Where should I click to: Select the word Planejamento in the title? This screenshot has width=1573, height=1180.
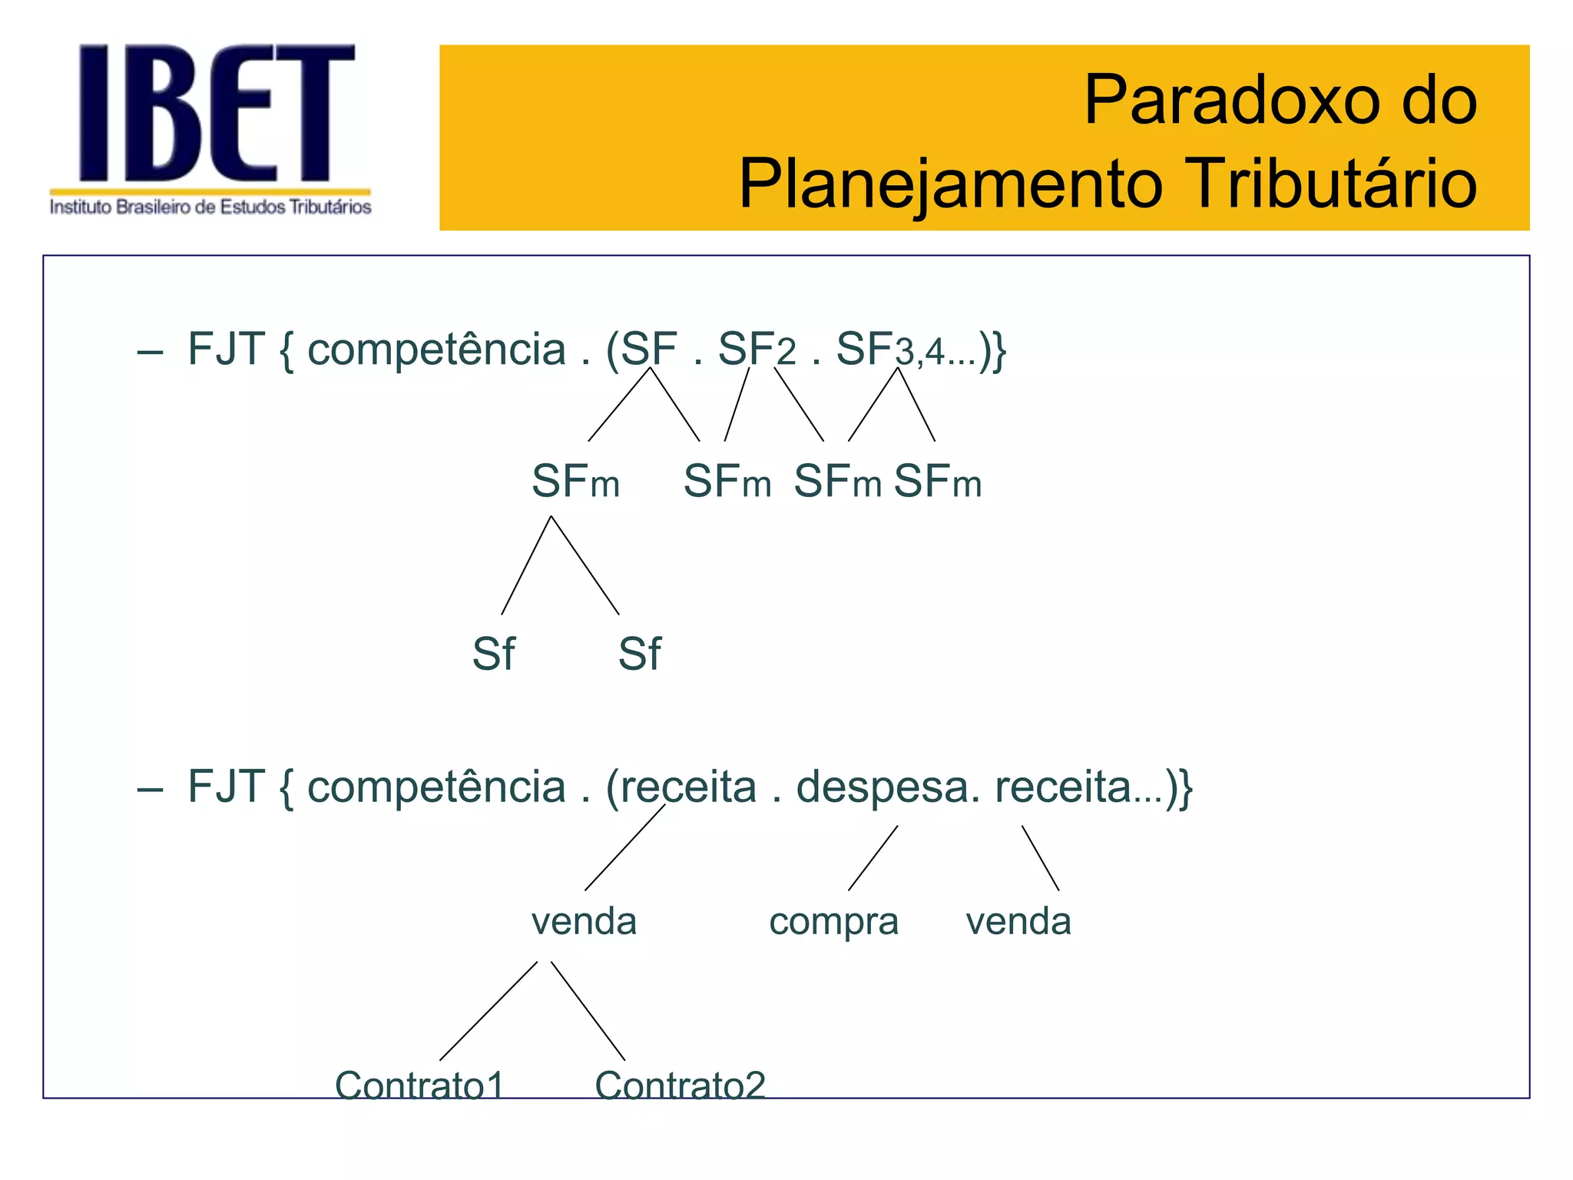pos(951,185)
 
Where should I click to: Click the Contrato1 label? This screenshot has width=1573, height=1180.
pos(419,1085)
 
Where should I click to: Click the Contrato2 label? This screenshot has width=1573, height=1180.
pos(680,1085)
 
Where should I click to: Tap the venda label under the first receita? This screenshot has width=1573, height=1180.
pos(584,921)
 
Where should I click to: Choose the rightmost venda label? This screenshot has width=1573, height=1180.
pos(1018,921)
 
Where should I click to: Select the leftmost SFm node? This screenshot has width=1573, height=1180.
pos(575,482)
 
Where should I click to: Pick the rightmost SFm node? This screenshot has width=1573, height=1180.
pos(937,482)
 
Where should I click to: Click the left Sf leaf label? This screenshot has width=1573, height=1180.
pos(493,655)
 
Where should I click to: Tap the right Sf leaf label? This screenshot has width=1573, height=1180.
pos(639,655)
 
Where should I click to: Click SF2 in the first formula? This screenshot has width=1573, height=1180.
pos(756,350)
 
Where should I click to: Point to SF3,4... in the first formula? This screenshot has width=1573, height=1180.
pos(906,350)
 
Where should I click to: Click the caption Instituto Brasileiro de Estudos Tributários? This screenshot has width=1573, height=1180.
pos(210,207)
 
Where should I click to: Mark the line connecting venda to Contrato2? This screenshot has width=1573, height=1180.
pos(588,1011)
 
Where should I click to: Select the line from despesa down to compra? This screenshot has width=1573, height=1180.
pos(873,858)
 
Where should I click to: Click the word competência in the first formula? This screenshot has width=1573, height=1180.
pos(436,350)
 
